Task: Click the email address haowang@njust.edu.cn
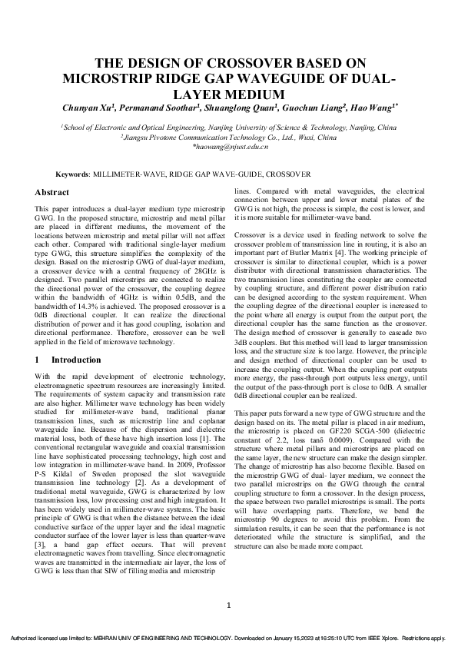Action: point(229,145)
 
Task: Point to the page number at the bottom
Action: point(229,607)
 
